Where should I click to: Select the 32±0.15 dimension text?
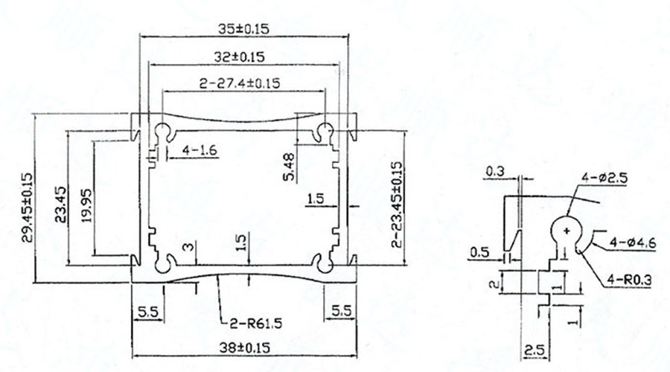[242, 57]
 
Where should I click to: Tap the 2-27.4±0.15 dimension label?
[239, 84]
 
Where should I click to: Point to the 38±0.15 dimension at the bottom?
[243, 347]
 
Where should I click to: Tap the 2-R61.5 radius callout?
[253, 323]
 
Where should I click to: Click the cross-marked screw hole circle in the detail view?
[567, 231]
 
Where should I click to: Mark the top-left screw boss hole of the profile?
[165, 132]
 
